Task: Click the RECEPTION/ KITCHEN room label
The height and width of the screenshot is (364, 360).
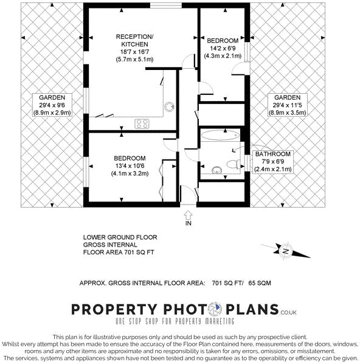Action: point(135,41)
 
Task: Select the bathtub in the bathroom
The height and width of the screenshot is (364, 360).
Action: point(217,135)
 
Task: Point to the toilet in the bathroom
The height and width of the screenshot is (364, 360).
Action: point(230,163)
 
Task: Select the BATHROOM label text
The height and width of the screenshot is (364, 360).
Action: point(274,155)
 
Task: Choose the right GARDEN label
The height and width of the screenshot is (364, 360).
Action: point(286,97)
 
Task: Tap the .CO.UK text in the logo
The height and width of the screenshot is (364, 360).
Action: point(289,312)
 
